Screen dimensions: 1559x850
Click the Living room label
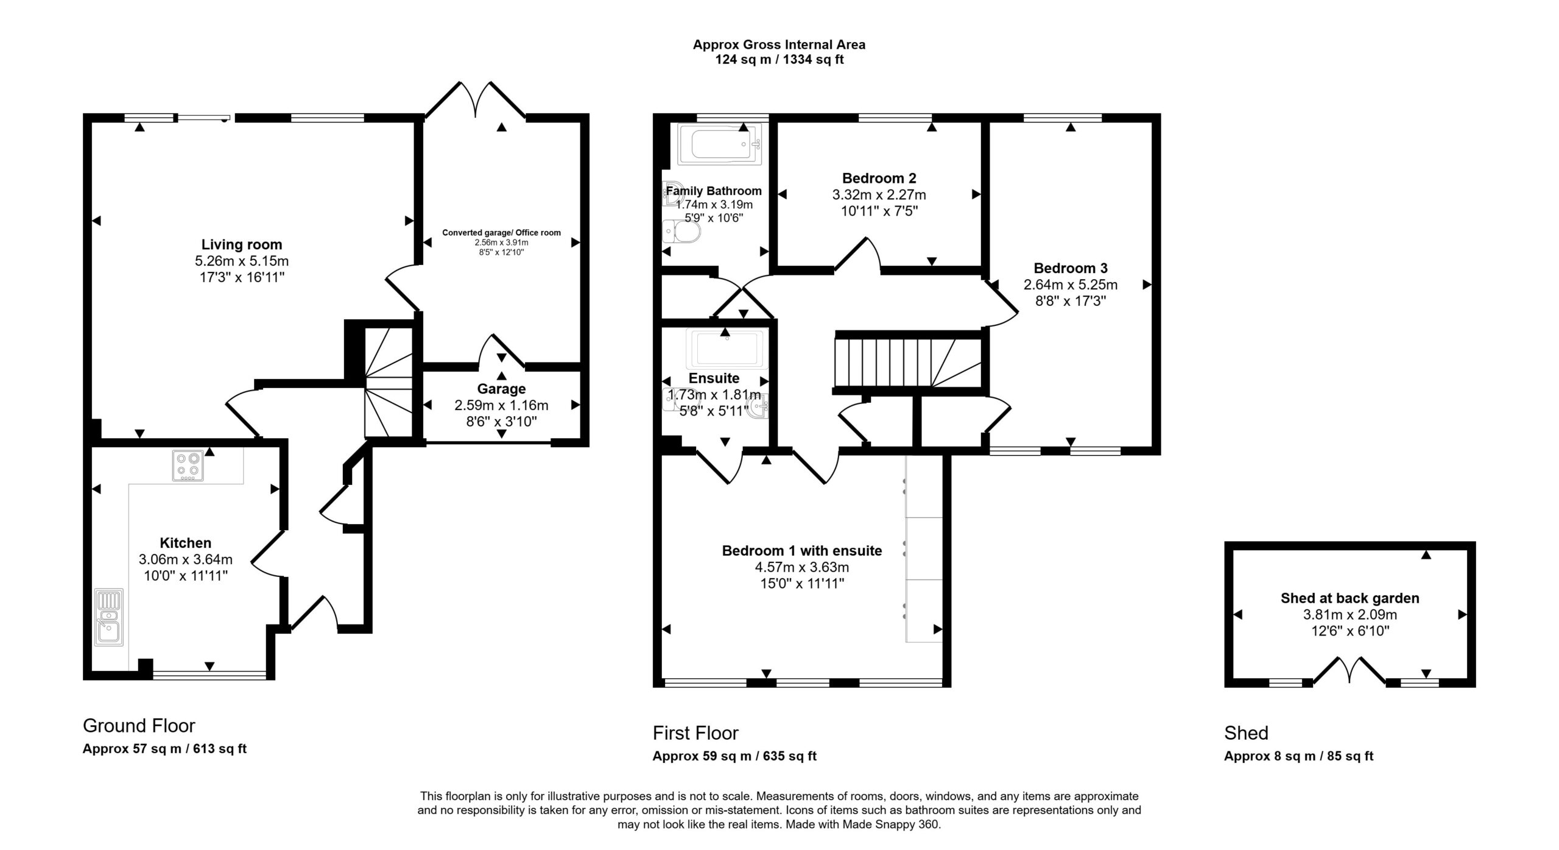tap(242, 244)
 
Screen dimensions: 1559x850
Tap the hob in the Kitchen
tap(188, 466)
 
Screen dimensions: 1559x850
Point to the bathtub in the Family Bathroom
tap(720, 144)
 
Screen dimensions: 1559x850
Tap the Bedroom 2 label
tap(879, 179)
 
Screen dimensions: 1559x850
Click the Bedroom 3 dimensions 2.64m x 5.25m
tap(1071, 285)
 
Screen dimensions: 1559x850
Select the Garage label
tap(501, 389)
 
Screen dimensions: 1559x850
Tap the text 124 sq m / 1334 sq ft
tap(779, 60)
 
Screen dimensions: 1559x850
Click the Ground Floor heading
tap(139, 726)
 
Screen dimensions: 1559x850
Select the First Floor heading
tap(695, 733)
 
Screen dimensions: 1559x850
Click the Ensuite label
tap(714, 378)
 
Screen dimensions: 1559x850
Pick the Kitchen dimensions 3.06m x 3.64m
tap(186, 559)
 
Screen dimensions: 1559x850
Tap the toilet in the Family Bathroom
tap(681, 231)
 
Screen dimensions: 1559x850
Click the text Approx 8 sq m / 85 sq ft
tap(1299, 756)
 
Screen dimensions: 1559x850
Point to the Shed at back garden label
tap(1350, 598)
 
